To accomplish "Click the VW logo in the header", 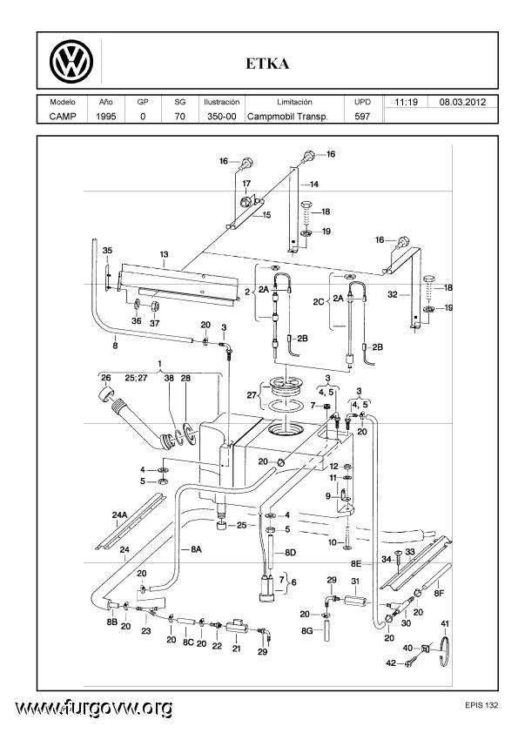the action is coord(71,62).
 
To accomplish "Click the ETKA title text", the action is coord(267,64).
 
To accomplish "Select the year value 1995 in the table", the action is coord(105,117).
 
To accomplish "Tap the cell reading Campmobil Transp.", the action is coord(287,117).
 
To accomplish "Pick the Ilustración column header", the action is coord(222,102).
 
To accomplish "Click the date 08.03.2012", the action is coord(462,102).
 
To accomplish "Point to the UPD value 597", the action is coord(362,117).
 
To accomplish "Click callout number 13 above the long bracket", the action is coord(164,255).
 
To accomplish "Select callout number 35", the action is coord(108,251).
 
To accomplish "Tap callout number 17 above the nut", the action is coord(246,184).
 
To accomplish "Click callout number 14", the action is coord(314,185).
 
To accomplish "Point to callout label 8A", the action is coord(197,550).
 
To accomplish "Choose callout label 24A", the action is coord(119,514).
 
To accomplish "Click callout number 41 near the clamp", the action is coord(445,623).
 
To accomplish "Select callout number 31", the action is coord(355,581).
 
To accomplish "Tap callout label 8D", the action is coord(290,553).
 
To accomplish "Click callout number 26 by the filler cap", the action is coord(106,378).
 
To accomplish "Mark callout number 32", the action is coord(393,294).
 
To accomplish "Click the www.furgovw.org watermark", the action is coord(93,708).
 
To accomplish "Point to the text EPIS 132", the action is coord(481,705).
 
